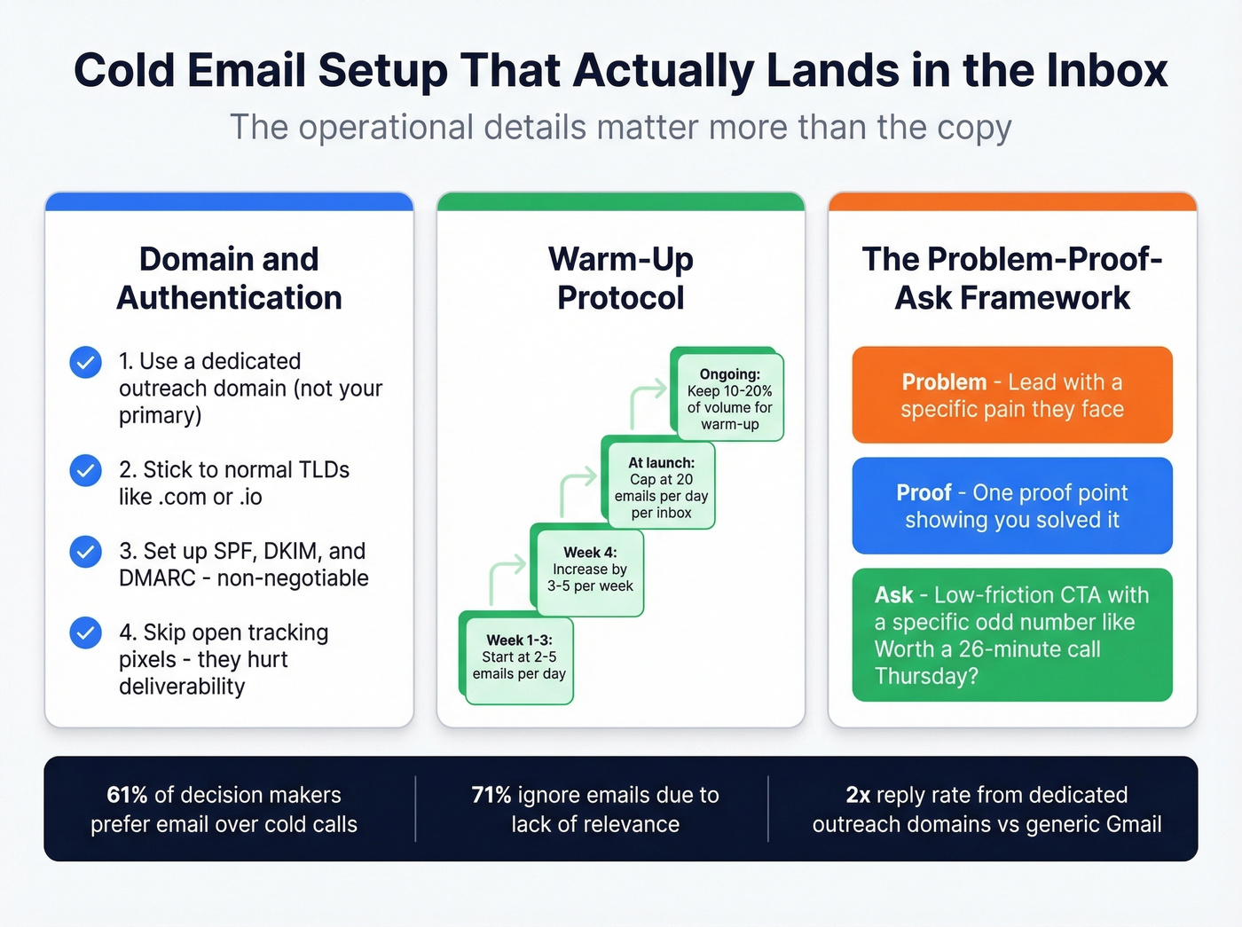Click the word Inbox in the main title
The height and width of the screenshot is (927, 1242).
coord(1106,70)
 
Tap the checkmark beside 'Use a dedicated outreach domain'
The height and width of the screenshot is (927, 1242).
coord(85,362)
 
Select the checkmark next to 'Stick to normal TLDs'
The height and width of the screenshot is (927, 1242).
coord(85,470)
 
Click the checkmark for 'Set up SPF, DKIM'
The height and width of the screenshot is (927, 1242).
coord(85,552)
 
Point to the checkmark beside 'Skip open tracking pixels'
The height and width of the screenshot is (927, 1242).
coord(85,632)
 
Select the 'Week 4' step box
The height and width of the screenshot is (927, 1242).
coord(590,570)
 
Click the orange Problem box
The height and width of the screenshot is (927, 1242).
coord(1012,395)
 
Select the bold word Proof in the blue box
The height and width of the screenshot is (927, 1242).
coord(924,492)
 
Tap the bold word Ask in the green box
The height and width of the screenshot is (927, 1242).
coord(893,594)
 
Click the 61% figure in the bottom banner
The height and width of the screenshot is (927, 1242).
coord(127,795)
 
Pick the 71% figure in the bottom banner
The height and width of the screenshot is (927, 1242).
coord(491,795)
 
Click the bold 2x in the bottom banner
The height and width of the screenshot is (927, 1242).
coord(858,795)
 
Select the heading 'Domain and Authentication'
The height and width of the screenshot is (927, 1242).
coord(229,278)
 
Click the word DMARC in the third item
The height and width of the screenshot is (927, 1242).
coord(157,578)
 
